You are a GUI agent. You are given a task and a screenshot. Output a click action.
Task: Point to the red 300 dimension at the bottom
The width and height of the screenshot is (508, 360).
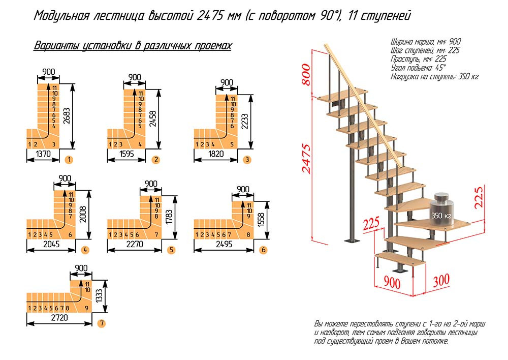tap(442, 280)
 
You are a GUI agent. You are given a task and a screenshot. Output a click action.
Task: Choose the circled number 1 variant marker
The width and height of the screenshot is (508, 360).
tap(69, 160)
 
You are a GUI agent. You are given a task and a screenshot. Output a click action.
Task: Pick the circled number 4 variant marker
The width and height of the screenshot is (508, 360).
tap(85, 250)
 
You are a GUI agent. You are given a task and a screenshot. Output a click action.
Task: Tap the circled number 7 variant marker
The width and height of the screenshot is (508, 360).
tap(102, 323)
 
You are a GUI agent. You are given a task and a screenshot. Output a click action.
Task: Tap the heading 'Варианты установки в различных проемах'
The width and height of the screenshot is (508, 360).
tap(133, 46)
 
